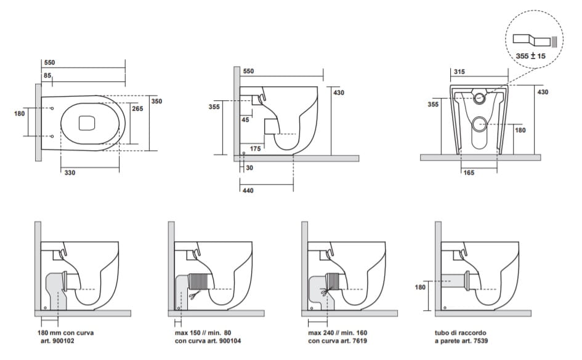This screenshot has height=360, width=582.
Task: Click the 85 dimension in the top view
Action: click(47, 76)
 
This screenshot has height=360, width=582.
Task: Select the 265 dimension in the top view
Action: click(137, 109)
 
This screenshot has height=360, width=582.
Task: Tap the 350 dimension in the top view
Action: click(156, 101)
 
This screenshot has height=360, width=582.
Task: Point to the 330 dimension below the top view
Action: click(70, 173)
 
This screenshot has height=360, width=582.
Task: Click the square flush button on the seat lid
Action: click(87, 123)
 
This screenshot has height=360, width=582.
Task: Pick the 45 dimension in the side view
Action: click(245, 120)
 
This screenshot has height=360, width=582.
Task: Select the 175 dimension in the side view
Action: click(256, 148)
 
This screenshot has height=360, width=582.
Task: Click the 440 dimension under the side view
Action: click(247, 191)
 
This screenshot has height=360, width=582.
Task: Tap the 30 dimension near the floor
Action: click(249, 167)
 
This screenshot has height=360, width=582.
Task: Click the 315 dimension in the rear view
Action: click(458, 72)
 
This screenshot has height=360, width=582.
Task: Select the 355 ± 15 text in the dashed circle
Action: click(531, 56)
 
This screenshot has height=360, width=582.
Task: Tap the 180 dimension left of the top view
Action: click(19, 113)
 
